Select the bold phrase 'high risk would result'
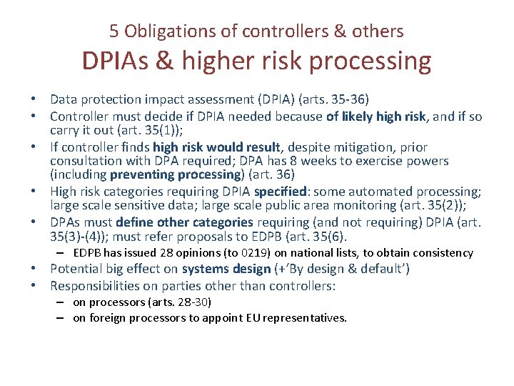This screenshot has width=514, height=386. click(x=219, y=147)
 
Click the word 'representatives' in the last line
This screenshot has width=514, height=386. click(x=306, y=318)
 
